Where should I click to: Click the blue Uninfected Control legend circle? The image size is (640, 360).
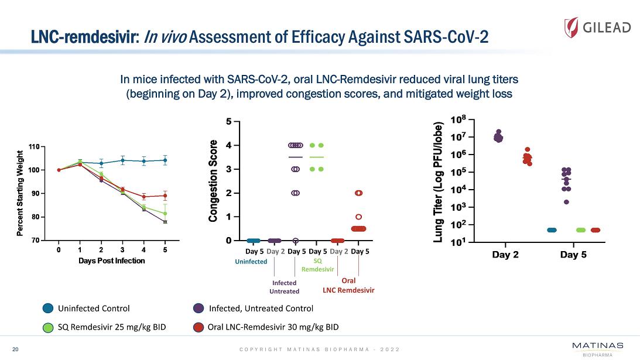pos(49,308)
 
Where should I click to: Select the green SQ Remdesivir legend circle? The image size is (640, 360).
pos(49,327)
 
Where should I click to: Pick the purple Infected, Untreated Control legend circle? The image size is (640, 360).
pos(198,308)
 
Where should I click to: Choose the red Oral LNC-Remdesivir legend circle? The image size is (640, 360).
pos(198,327)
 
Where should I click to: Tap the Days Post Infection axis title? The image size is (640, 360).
pos(111,260)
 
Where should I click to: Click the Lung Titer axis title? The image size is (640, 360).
pos(438,181)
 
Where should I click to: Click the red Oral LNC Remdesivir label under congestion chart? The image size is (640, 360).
pos(348,286)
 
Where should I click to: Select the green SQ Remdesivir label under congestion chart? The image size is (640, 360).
pos(318,265)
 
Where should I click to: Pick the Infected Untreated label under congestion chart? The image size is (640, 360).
pos(285,287)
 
